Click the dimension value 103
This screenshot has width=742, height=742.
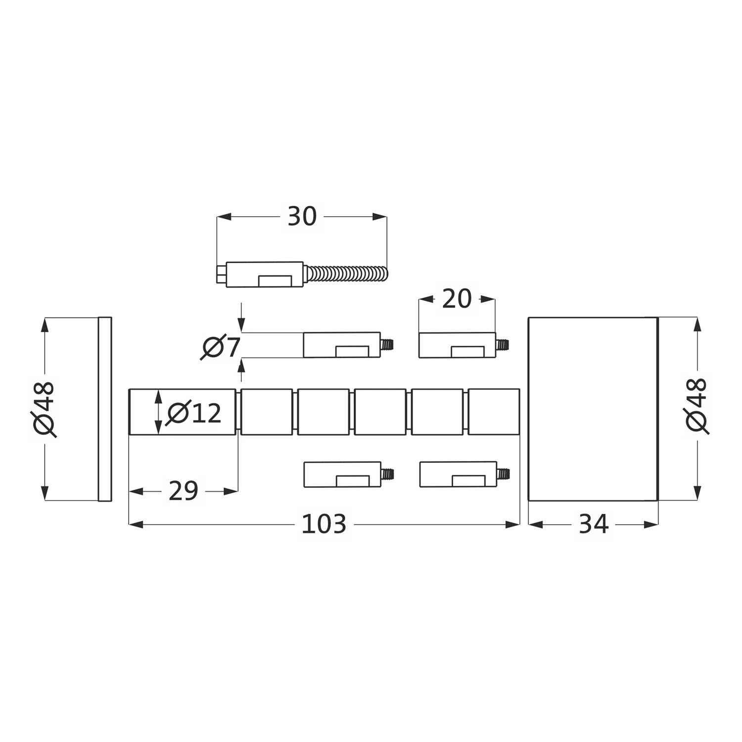[324, 524]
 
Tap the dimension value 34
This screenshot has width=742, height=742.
[593, 524]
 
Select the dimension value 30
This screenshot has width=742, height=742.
[302, 216]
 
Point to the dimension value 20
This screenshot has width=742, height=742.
[457, 299]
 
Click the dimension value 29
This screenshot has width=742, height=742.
[183, 491]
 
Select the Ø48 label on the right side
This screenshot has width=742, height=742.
[697, 406]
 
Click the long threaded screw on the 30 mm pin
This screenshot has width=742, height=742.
[346, 274]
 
